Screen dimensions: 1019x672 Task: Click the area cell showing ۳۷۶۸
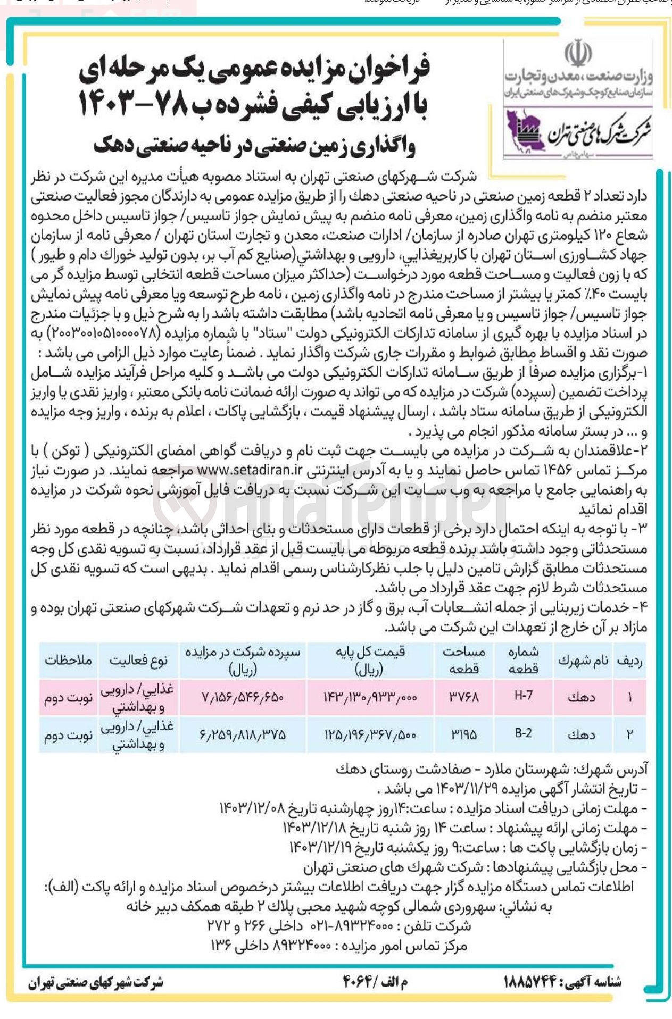click(x=464, y=696)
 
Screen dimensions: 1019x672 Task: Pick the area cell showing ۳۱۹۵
click(x=464, y=734)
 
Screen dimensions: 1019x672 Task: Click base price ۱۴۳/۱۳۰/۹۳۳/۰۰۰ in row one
click(x=370, y=696)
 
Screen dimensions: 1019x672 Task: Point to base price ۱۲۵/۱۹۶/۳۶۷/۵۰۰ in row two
click(x=370, y=734)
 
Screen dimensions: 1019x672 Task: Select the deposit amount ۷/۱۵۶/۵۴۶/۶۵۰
click(x=243, y=696)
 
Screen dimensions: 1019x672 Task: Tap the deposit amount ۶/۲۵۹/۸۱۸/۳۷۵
click(x=243, y=734)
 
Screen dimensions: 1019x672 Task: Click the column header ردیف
click(x=629, y=661)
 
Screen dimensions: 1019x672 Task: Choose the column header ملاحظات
click(x=68, y=661)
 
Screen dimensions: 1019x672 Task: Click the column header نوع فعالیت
click(x=138, y=661)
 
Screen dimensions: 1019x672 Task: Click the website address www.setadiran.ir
click(x=250, y=471)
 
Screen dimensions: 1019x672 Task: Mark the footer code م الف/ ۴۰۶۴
click(x=375, y=982)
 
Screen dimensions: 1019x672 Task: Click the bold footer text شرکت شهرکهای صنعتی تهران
click(x=96, y=982)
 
